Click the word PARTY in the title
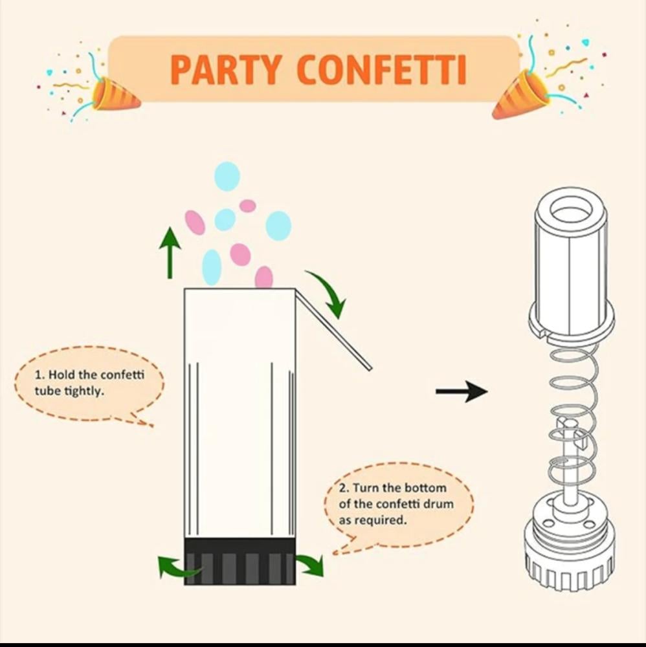pyautogui.click(x=226, y=70)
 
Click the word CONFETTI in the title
pyautogui.click(x=383, y=70)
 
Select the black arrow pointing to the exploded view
pyautogui.click(x=462, y=391)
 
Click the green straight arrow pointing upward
pyautogui.click(x=170, y=252)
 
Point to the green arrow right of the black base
pyautogui.click(x=311, y=564)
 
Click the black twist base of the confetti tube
pyautogui.click(x=240, y=561)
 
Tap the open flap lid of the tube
pyautogui.click(x=333, y=329)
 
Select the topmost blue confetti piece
pyautogui.click(x=227, y=176)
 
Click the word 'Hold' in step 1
pyautogui.click(x=62, y=375)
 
